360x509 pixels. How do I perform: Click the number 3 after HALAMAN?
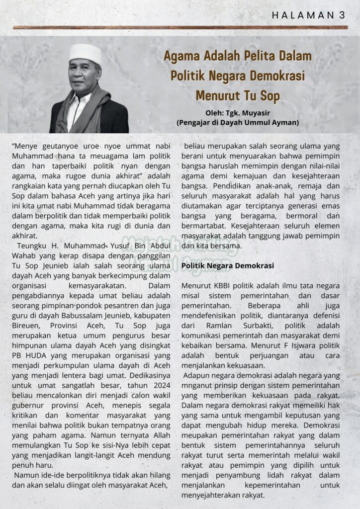(342, 15)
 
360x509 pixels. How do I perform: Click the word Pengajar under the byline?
(196, 122)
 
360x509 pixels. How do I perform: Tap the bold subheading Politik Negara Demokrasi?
(228, 266)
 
